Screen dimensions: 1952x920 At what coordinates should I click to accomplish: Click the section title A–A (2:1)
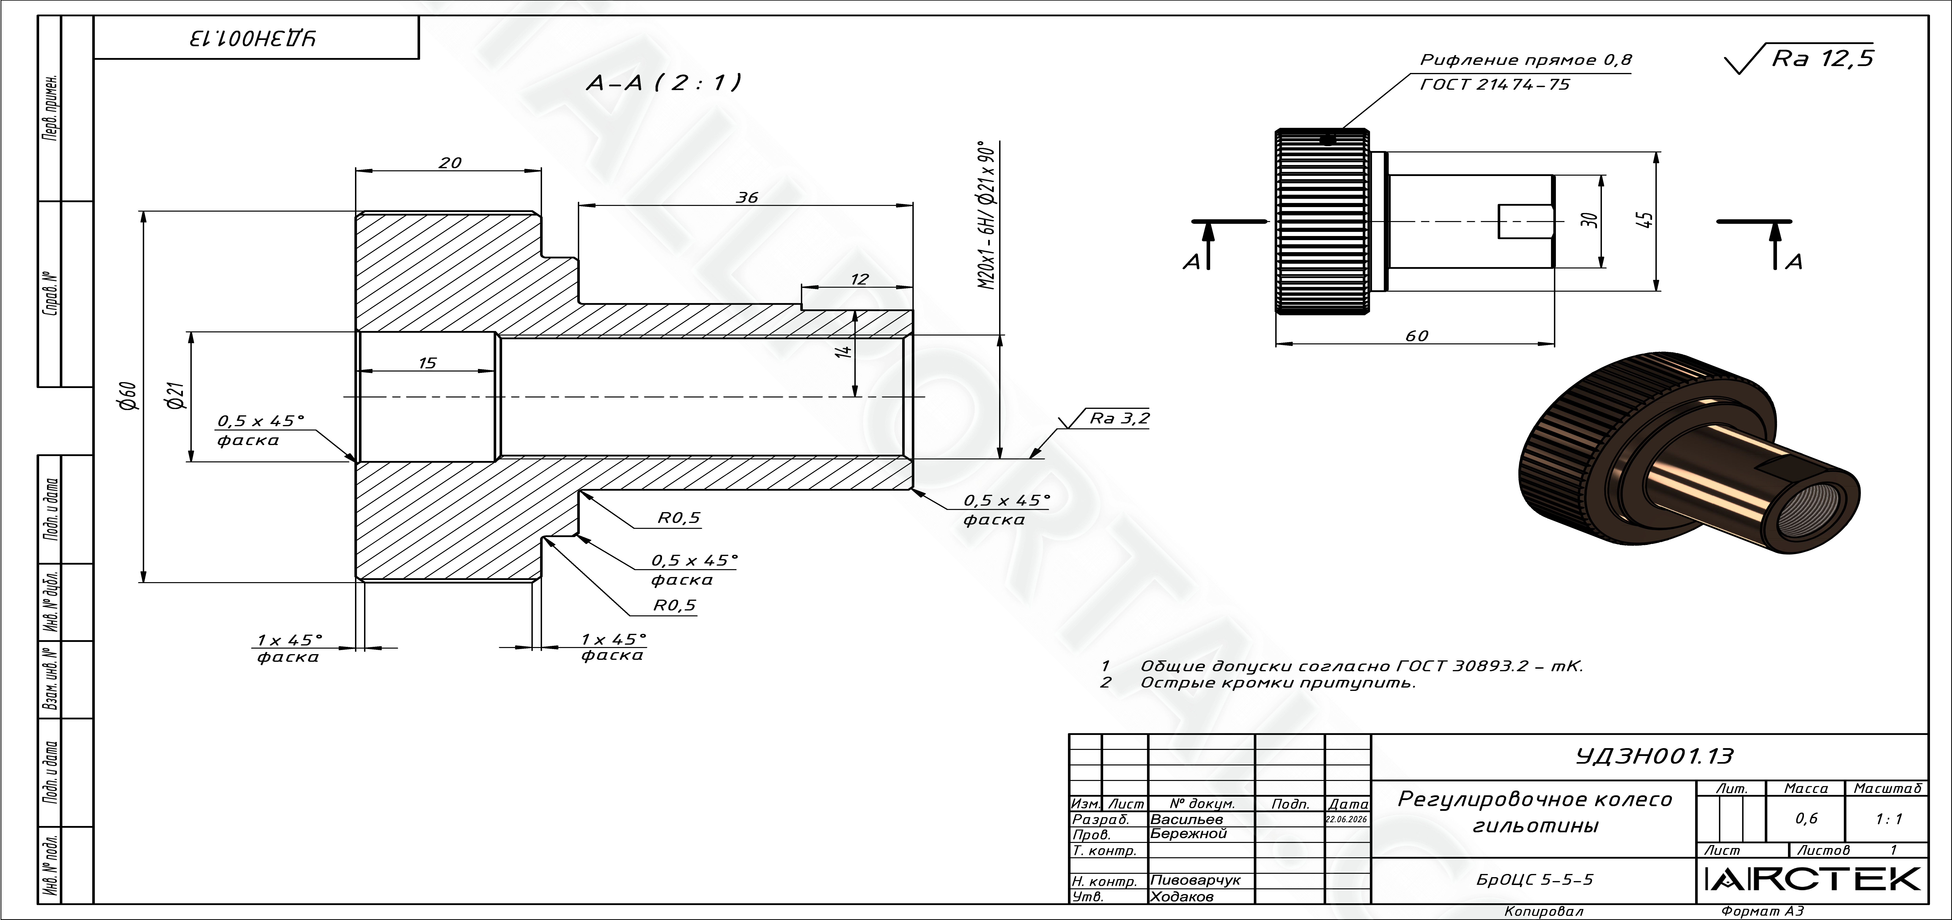pyautogui.click(x=664, y=83)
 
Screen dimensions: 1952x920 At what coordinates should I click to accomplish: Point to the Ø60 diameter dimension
pyautogui.click(x=129, y=395)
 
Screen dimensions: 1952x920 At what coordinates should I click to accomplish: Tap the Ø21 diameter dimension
pyautogui.click(x=177, y=395)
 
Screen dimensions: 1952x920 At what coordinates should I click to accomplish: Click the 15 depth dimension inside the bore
pyautogui.click(x=427, y=363)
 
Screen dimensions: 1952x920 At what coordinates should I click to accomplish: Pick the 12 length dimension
pyautogui.click(x=859, y=279)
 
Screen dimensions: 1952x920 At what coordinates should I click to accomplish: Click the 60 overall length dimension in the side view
pyautogui.click(x=1416, y=336)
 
